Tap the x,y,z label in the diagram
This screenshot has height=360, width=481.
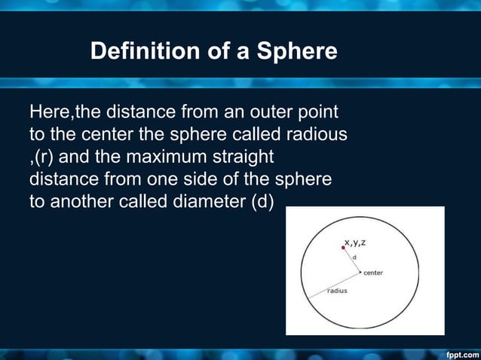pyautogui.click(x=356, y=242)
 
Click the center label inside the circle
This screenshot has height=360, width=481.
pyautogui.click(x=373, y=273)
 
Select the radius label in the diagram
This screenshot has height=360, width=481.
pyautogui.click(x=336, y=291)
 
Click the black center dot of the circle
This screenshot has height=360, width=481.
pyautogui.click(x=360, y=272)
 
